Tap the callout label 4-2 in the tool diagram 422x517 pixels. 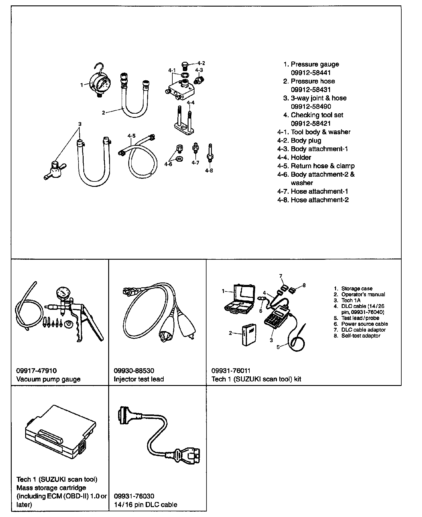coord(201,63)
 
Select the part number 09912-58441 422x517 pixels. coord(311,73)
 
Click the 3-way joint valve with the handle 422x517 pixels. coord(55,171)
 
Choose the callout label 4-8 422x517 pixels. coord(209,171)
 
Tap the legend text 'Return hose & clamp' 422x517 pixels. coord(322,166)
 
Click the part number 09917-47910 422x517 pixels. coord(36,371)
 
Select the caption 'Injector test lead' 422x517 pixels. coord(139,379)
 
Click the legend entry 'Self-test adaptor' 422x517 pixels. coord(361,336)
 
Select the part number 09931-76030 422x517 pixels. coord(134,496)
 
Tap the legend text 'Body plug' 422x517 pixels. coord(306,140)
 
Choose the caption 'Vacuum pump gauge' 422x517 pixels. coord(48,379)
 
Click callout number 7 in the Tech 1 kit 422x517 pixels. coord(281,276)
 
